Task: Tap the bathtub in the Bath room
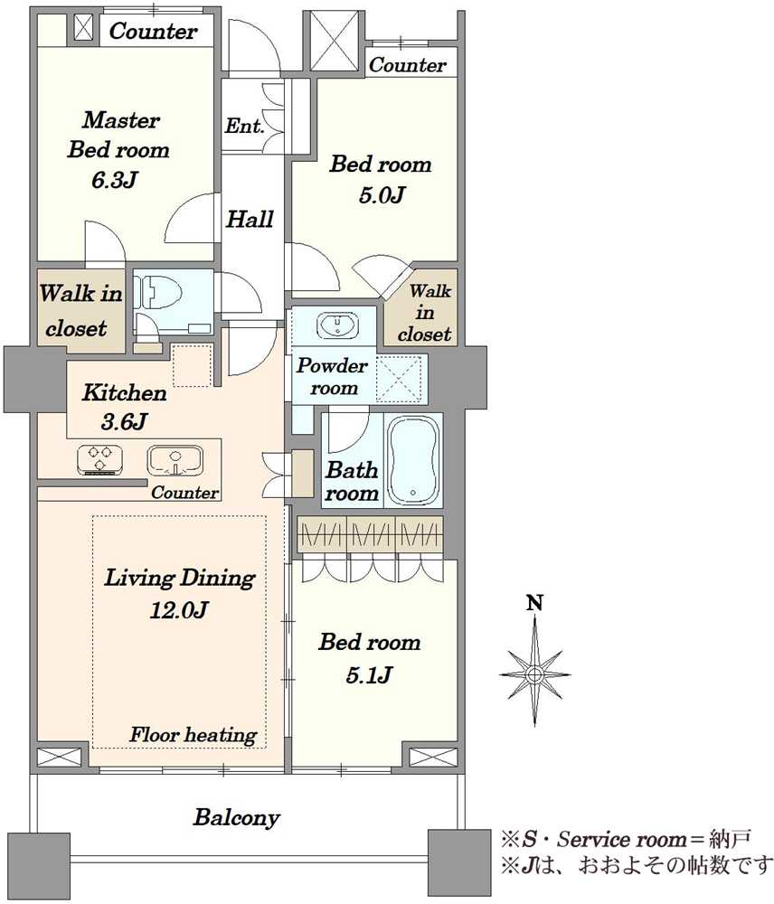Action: click(x=413, y=460)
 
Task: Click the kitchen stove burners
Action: click(x=99, y=459)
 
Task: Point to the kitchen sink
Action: click(x=175, y=460)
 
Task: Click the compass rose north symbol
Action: click(x=535, y=673)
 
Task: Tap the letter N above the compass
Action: click(x=535, y=603)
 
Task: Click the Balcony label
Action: click(x=237, y=817)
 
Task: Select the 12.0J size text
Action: click(x=178, y=609)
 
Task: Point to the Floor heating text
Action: click(x=193, y=734)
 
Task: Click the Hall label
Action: click(x=250, y=219)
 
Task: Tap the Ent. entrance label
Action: click(x=244, y=125)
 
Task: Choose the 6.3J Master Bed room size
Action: click(x=114, y=180)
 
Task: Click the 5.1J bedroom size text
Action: click(x=369, y=674)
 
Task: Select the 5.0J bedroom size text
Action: click(x=381, y=195)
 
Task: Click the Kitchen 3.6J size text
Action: click(x=124, y=422)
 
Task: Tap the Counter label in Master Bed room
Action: click(x=154, y=31)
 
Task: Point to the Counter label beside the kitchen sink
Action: click(x=185, y=493)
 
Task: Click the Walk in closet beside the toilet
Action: click(x=80, y=311)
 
